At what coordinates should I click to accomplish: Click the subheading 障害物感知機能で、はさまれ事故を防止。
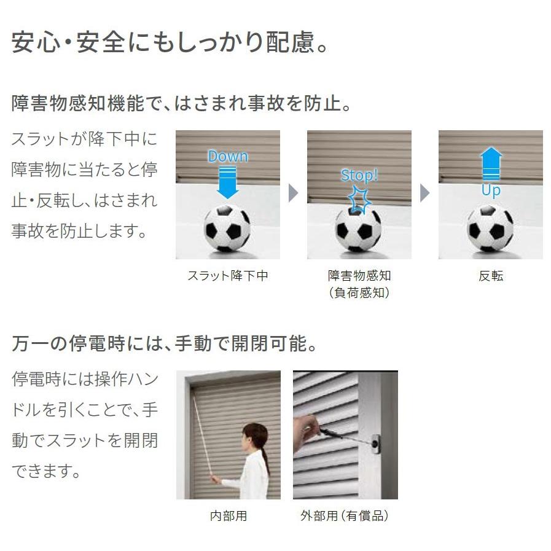point(182,103)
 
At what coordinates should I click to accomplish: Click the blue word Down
point(228,156)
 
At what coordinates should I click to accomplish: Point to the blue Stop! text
point(359,176)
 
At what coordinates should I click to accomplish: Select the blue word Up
point(491,190)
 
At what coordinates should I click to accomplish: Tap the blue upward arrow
point(491,164)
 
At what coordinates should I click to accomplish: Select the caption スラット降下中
point(228,276)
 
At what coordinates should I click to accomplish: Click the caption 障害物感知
point(359,276)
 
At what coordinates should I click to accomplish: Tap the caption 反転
point(491,276)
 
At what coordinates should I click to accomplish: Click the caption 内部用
point(229,516)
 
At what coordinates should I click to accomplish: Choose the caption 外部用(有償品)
point(345,516)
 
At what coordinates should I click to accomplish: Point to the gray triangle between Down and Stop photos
point(293,194)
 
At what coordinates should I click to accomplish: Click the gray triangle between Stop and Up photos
point(424,194)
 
